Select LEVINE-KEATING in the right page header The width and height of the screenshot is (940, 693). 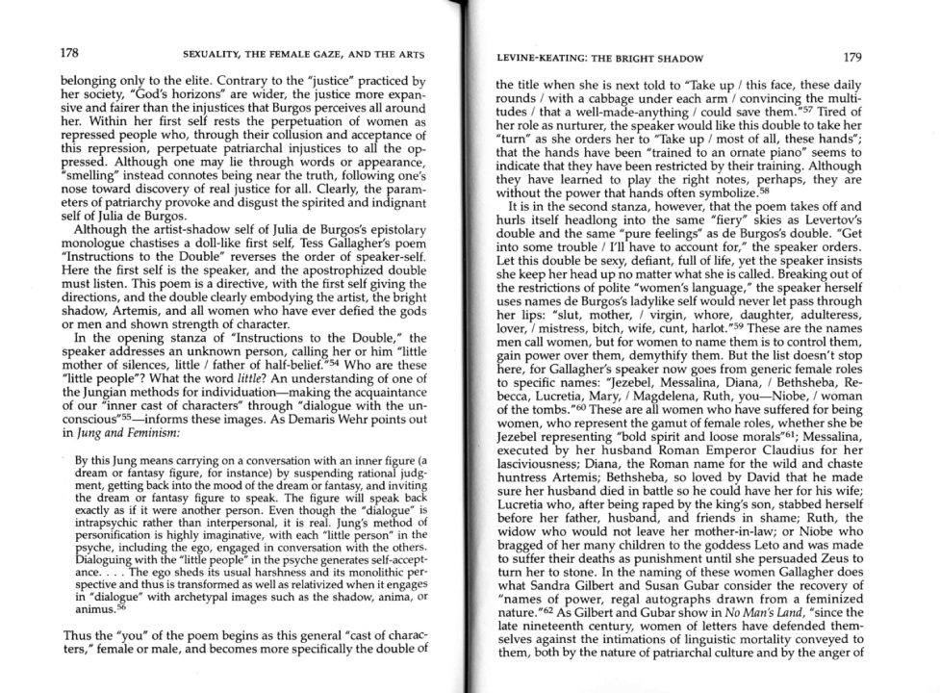pos(546,58)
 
